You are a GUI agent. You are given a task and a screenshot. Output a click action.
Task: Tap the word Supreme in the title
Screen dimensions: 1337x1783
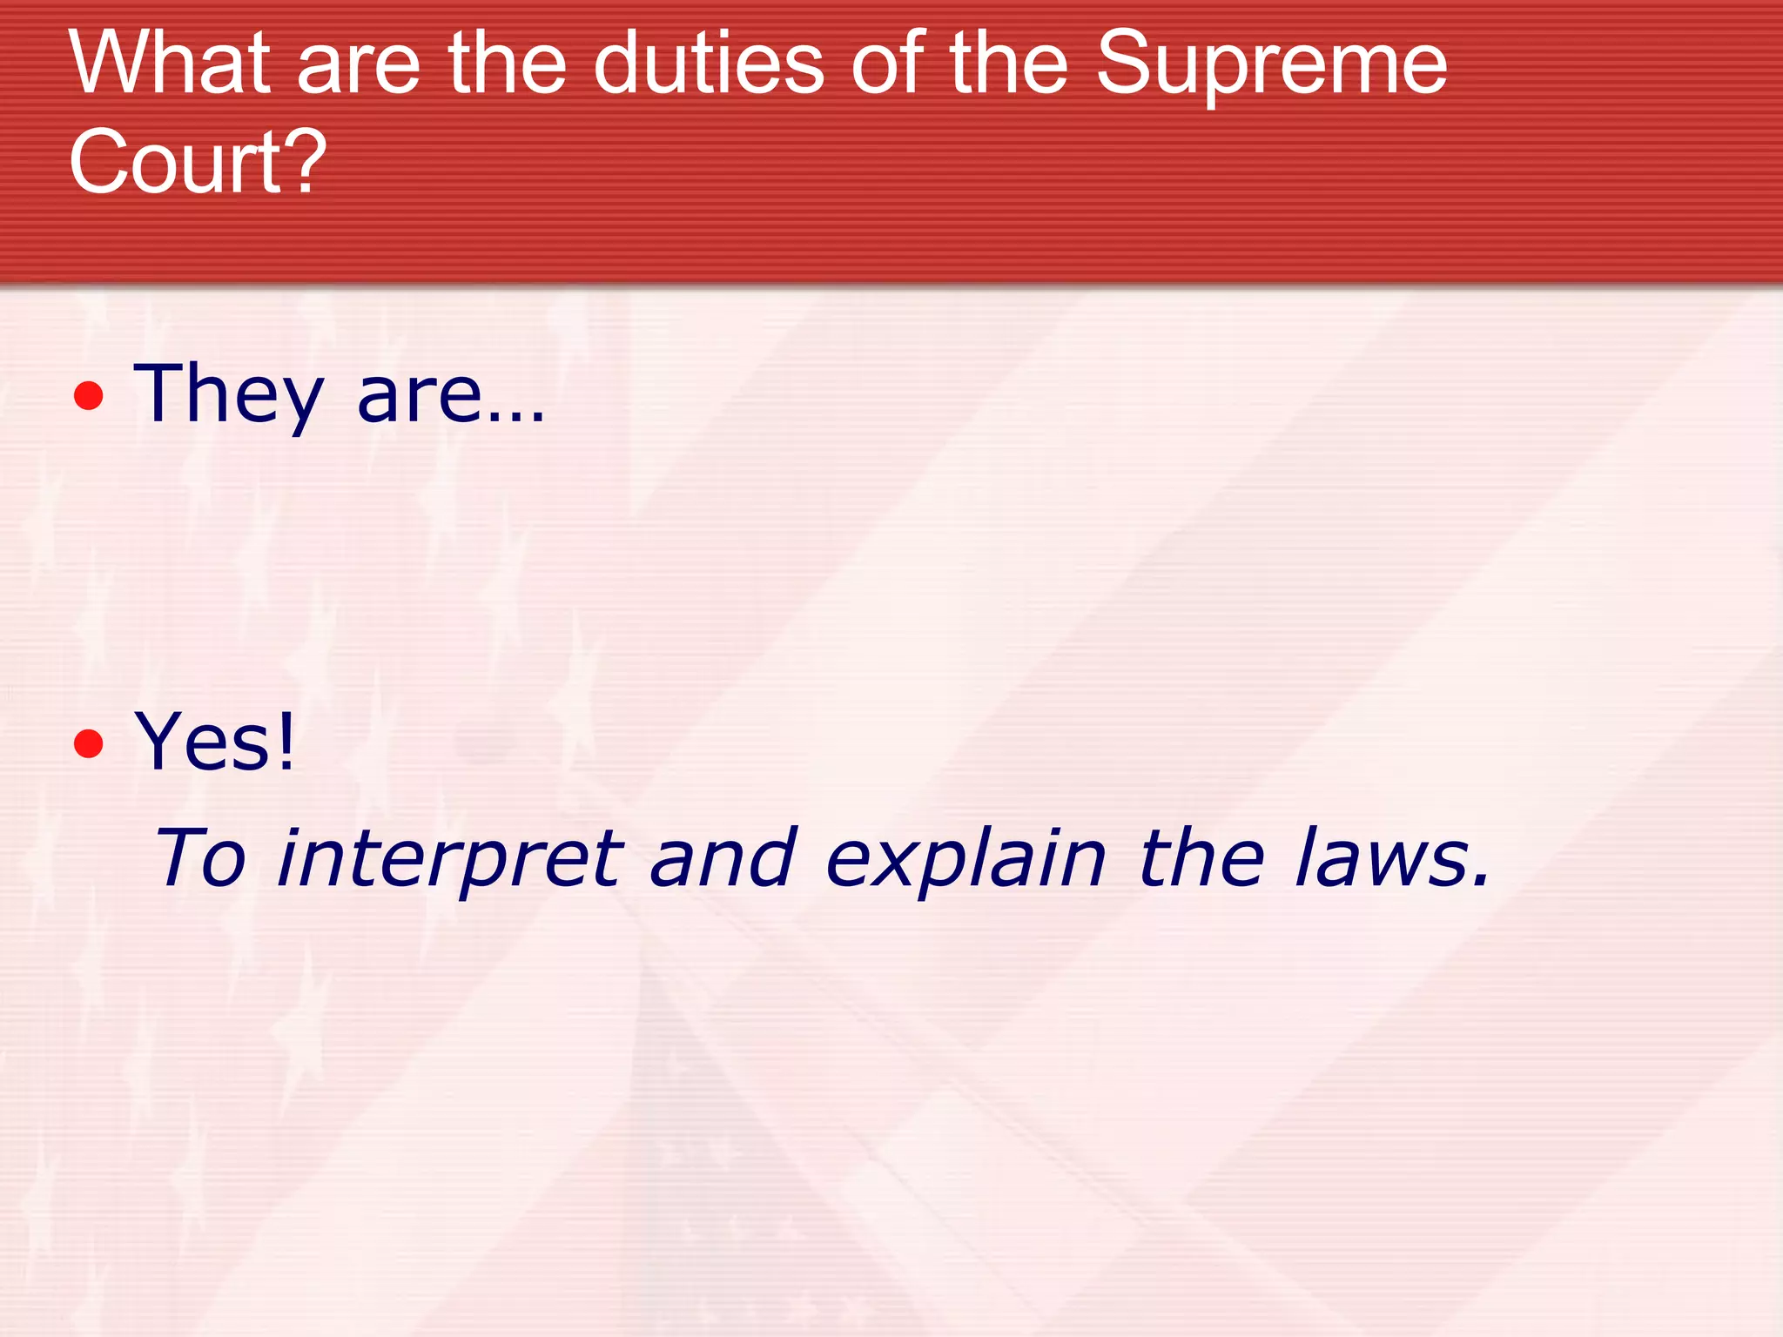point(1271,66)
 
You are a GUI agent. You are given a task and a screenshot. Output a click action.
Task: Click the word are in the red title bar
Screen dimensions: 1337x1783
point(359,66)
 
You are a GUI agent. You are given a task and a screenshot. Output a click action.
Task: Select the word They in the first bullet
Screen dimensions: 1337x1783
point(228,395)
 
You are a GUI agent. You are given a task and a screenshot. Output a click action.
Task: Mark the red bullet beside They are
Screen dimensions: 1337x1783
point(89,397)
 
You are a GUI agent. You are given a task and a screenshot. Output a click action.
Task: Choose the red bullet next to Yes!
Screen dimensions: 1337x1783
point(89,744)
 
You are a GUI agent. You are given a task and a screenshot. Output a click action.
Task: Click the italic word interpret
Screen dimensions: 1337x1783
point(449,860)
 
